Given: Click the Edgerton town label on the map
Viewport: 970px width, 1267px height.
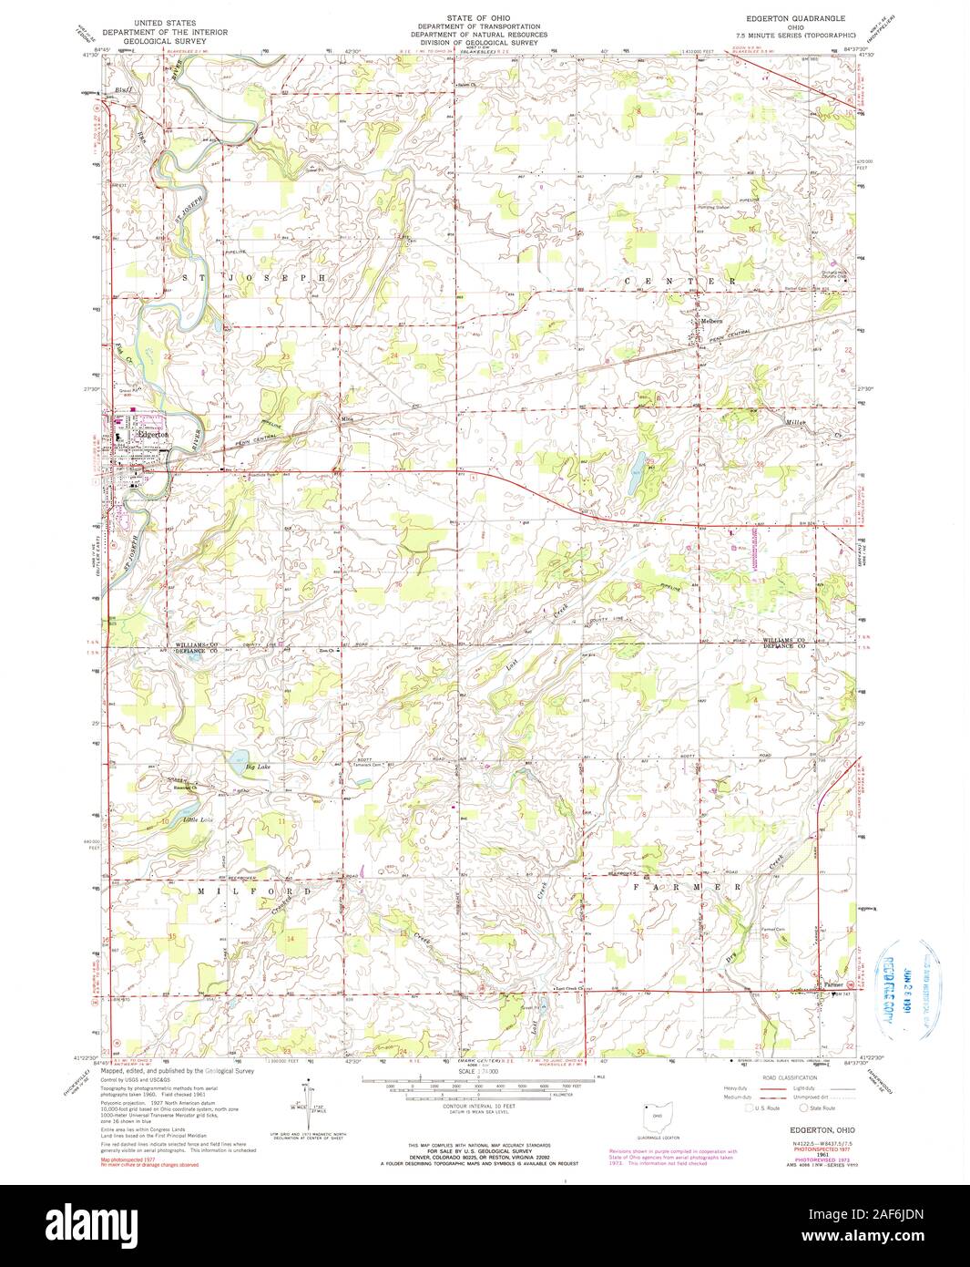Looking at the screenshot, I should pyautogui.click(x=151, y=435).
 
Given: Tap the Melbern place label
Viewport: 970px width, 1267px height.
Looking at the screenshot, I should pyautogui.click(x=710, y=321).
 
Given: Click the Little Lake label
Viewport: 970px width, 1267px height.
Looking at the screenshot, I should pyautogui.click(x=198, y=820).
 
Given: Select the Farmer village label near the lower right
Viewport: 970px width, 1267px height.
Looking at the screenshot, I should pyautogui.click(x=834, y=984).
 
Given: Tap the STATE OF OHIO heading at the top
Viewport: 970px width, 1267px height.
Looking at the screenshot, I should pyautogui.click(x=484, y=18).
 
